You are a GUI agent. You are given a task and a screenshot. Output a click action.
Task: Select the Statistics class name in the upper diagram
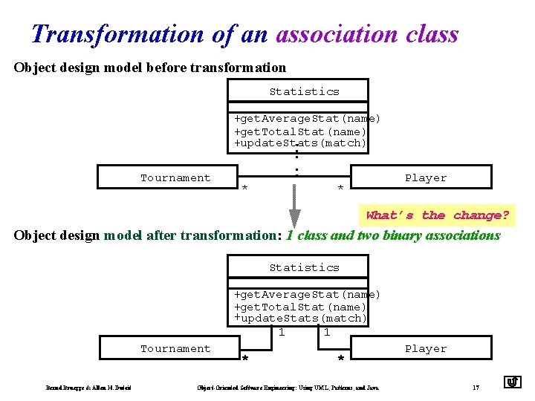pos(304,91)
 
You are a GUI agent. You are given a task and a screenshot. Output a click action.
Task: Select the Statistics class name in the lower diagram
pos(304,267)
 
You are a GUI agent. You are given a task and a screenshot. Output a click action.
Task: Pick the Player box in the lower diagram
pos(424,348)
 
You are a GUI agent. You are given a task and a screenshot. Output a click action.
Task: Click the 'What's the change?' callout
pos(437,215)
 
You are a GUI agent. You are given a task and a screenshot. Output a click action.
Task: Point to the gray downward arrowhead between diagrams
pos(295,217)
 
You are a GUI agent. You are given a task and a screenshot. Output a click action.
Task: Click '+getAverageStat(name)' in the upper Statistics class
pos(307,119)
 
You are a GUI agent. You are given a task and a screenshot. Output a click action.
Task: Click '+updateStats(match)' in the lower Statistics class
pos(300,318)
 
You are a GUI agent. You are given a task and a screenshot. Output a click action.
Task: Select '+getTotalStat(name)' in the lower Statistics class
pos(300,307)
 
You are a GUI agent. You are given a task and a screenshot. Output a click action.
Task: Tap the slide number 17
pos(476,387)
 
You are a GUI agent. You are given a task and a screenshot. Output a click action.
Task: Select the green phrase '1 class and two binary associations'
pos(393,235)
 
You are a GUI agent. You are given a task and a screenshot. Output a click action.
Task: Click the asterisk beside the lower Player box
pos(340,359)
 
